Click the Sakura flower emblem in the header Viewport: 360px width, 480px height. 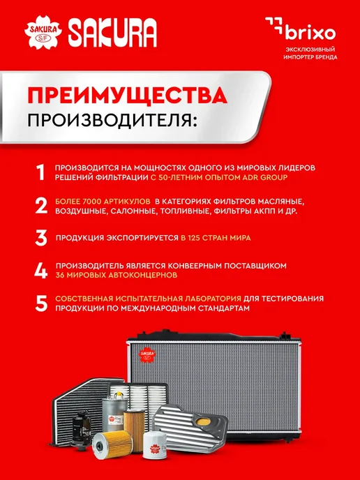(x=43, y=32)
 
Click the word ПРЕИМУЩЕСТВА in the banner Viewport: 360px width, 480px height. (x=128, y=96)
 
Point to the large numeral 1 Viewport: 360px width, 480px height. (x=40, y=172)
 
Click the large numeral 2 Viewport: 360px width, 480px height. (x=41, y=206)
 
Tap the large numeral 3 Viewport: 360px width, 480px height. (x=41, y=238)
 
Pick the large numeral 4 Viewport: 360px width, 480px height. (x=41, y=271)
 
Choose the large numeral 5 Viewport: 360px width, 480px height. (x=41, y=303)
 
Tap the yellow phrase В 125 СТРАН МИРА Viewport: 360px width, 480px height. (x=216, y=238)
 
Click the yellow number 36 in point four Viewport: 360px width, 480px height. (x=60, y=275)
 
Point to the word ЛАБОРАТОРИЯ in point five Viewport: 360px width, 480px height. (x=213, y=299)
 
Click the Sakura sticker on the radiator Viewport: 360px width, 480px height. (x=147, y=355)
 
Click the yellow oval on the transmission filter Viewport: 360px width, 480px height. (x=203, y=421)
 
